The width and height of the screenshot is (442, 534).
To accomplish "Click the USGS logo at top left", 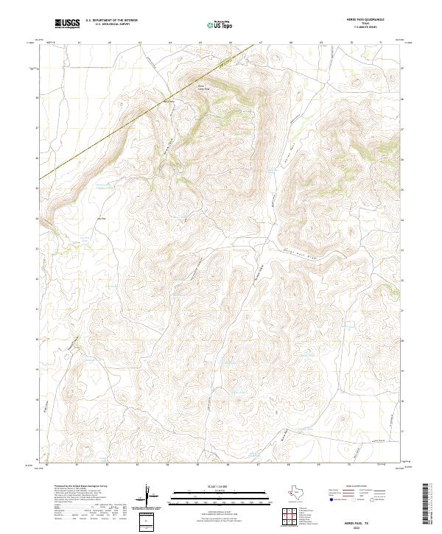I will pyautogui.click(x=67, y=24).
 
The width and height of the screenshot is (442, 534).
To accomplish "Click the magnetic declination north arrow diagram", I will pyautogui.click(x=150, y=497).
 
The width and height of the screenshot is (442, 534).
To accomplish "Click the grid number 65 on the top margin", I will pyautogui.click(x=200, y=43).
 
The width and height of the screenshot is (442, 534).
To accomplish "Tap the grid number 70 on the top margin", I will pyautogui.click(x=351, y=43).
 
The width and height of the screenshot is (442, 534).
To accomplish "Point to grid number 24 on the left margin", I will pyautogui.click(x=38, y=219).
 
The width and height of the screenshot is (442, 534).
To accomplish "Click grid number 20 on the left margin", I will pyautogui.click(x=38, y=339).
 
